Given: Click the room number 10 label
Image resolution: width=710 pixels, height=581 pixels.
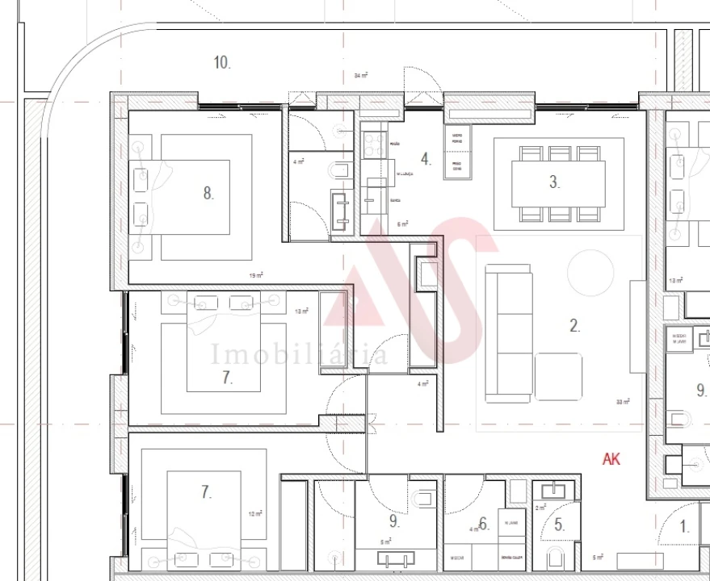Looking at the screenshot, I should pyautogui.click(x=222, y=62).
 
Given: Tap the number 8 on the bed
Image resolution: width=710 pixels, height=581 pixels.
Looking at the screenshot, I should pyautogui.click(x=208, y=193).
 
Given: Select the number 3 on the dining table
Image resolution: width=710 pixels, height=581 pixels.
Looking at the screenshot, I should pyautogui.click(x=554, y=182).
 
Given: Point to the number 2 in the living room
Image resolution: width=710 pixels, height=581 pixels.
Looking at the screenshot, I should pyautogui.click(x=575, y=326).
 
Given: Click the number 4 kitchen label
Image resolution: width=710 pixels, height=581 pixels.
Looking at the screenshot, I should pyautogui.click(x=426, y=158).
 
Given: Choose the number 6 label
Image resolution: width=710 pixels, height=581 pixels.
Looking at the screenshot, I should pyautogui.click(x=483, y=525).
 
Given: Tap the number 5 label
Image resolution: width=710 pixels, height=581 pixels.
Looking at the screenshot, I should pyautogui.click(x=559, y=525).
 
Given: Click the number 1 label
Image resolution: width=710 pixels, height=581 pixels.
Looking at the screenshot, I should pyautogui.click(x=684, y=529).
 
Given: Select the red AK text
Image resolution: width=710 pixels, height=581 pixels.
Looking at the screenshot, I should pyautogui.click(x=611, y=459).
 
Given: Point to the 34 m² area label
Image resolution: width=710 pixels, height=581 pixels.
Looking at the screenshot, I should pyautogui.click(x=361, y=75).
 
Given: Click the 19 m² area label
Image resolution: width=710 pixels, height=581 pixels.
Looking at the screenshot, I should pyautogui.click(x=256, y=275).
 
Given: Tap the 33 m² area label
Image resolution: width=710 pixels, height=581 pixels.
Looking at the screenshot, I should pyautogui.click(x=623, y=401).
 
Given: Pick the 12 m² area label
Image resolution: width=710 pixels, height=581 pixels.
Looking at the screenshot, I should pyautogui.click(x=256, y=514).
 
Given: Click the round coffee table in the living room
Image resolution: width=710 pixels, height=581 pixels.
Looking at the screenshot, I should pyautogui.click(x=590, y=273).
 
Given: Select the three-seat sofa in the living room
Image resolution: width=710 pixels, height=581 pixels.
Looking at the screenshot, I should pyautogui.click(x=509, y=332).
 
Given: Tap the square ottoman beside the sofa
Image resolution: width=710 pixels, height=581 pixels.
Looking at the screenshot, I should pyautogui.click(x=558, y=376).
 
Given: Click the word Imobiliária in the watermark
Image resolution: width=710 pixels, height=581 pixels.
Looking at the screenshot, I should pyautogui.click(x=299, y=354).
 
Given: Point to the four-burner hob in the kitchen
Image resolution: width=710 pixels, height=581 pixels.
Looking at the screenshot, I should pyautogui.click(x=373, y=144).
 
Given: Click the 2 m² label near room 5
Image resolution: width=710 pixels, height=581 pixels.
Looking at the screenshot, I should pyautogui.click(x=540, y=508).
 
